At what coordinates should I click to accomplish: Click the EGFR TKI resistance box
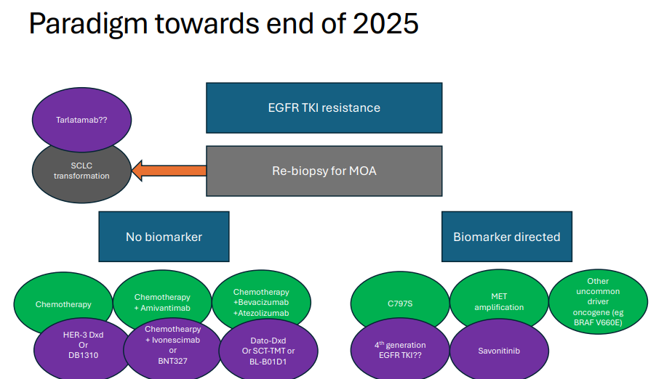click(324, 107)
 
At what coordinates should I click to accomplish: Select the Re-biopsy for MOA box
click(324, 171)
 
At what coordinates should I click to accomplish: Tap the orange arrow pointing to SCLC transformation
click(167, 172)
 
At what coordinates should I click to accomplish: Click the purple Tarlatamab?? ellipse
click(81, 120)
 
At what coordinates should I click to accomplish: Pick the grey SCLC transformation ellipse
click(81, 171)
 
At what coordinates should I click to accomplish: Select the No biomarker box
click(164, 237)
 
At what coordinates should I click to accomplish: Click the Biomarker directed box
click(506, 237)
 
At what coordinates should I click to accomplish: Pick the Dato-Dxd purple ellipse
click(268, 349)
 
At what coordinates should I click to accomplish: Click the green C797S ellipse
click(400, 301)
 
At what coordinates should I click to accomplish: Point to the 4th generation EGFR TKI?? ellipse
click(400, 349)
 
